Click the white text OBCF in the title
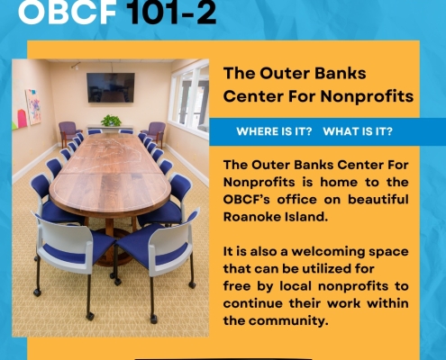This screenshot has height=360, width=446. [68, 12]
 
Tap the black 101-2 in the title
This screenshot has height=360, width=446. [171, 12]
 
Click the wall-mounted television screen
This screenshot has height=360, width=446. [111, 87]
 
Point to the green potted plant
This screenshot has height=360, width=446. [111, 121]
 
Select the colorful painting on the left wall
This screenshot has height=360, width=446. [33, 107]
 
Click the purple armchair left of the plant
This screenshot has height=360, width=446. [69, 132]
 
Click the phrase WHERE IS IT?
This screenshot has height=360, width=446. [274, 131]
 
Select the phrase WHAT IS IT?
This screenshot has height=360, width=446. [358, 131]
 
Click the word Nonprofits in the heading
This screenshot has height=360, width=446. [367, 96]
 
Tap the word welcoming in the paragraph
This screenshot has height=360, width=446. [328, 251]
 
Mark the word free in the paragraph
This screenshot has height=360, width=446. [237, 285]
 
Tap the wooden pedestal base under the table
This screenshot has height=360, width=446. [109, 243]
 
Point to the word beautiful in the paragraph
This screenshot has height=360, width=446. [378, 199]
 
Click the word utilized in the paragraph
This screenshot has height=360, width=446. [323, 268]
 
